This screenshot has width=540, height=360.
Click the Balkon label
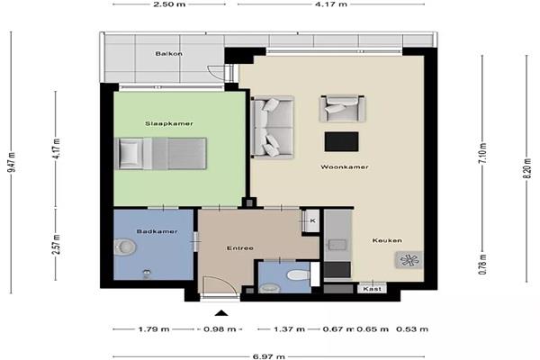point(169,54)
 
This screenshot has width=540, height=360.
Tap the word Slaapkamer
point(169,123)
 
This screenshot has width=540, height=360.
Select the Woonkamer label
point(345,167)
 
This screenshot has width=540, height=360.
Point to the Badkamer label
point(157,231)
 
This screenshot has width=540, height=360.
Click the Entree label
point(240,248)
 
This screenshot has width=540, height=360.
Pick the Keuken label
point(387,240)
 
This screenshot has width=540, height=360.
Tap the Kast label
point(373,289)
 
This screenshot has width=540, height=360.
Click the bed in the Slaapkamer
point(160,154)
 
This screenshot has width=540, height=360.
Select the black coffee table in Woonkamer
point(341,141)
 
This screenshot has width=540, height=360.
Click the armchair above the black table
point(342,109)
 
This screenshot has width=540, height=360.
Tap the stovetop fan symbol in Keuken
point(409,260)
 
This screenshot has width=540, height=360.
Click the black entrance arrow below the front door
point(221,313)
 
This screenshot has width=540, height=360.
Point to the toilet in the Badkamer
point(125,247)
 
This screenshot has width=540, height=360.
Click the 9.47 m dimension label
point(11,162)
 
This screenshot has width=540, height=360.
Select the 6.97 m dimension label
point(268,356)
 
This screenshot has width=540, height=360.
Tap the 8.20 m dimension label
point(526,168)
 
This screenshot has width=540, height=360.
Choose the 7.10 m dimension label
point(482,153)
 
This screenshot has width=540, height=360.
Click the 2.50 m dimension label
point(169,4)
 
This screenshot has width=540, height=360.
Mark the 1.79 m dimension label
point(154,329)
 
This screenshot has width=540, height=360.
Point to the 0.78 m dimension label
point(482,265)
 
